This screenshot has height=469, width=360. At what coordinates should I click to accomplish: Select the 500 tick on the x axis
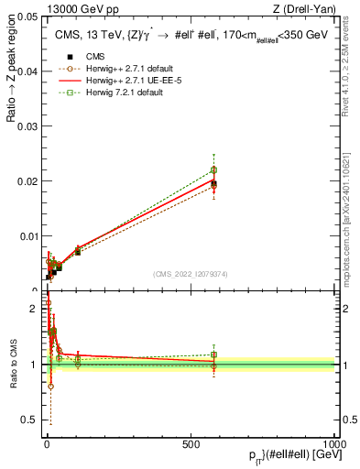coord(190,445)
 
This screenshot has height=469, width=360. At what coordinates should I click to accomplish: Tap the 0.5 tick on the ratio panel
coord(30,420)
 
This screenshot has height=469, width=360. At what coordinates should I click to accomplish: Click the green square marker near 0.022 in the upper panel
coord(213,169)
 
